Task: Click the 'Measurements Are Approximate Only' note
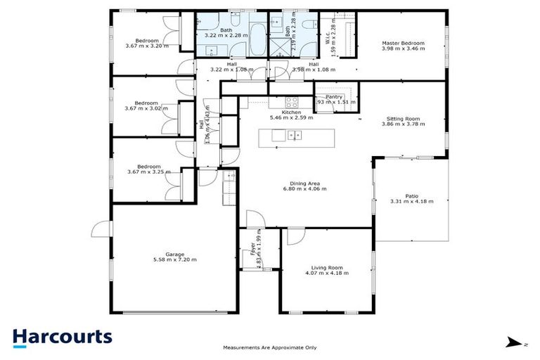pos(269,347)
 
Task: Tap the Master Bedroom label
pos(403,44)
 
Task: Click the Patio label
pos(411,196)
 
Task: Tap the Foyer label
pos(252,250)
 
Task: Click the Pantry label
pos(333,97)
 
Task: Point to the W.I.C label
pos(328,37)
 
